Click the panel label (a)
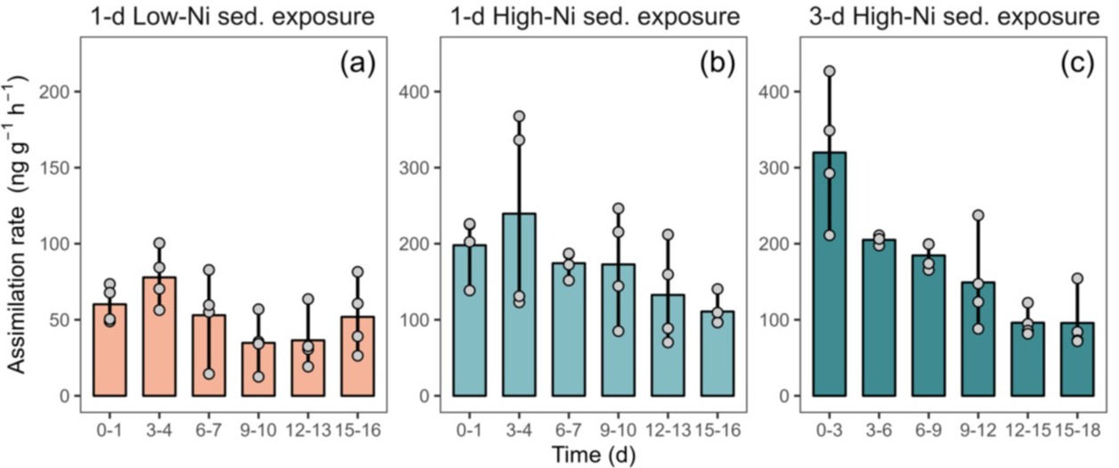coord(357,64)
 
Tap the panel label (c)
coord(1077,64)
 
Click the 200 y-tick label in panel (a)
coord(63,92)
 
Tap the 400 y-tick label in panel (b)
coord(419,92)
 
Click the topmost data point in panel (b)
coord(519,117)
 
